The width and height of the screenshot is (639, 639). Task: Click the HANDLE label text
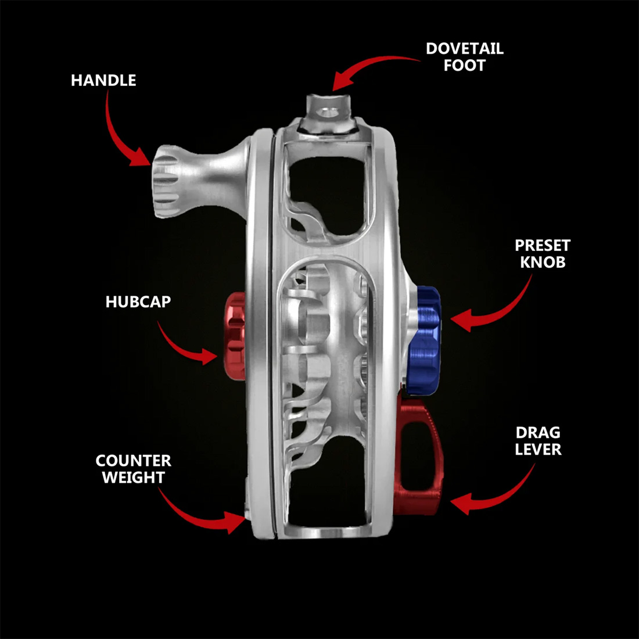tap(103, 80)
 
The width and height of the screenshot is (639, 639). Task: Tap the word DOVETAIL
tap(464, 49)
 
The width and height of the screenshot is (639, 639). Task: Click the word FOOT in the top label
tap(464, 66)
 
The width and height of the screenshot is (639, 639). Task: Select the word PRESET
tap(543, 246)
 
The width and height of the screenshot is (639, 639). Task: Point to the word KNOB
tap(543, 263)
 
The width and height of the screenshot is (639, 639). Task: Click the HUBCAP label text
tap(138, 302)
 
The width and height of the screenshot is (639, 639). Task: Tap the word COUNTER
tap(134, 461)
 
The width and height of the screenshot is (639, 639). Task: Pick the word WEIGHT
tap(134, 478)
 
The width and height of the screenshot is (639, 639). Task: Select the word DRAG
tap(538, 433)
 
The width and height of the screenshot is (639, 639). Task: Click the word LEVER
tap(538, 450)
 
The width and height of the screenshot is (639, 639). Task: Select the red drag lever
tap(421, 459)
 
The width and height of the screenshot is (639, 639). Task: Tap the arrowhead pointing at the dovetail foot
tap(340, 81)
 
